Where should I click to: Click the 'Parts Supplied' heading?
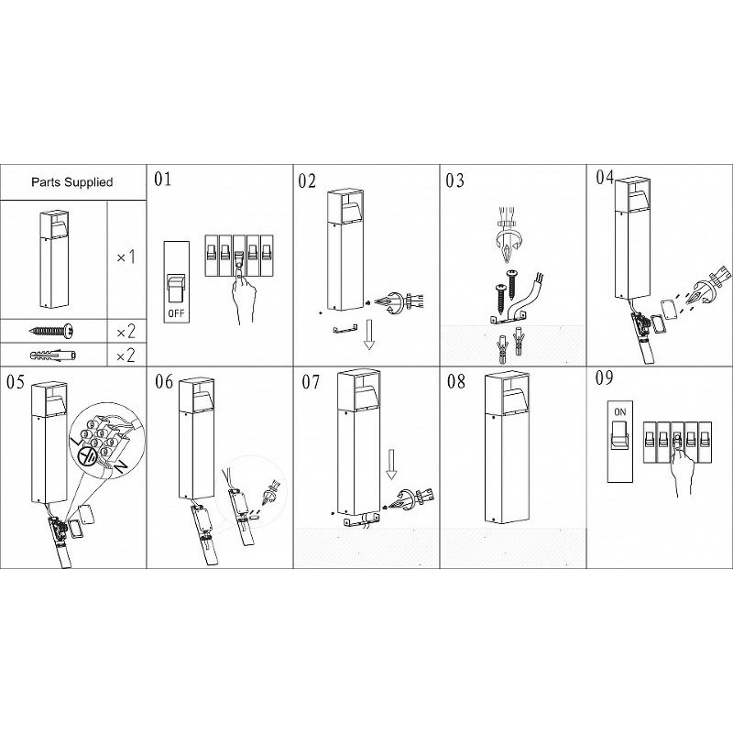[72, 181]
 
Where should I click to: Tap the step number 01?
[163, 179]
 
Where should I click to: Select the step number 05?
[15, 382]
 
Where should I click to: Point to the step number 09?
[604, 377]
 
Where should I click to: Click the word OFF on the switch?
[176, 312]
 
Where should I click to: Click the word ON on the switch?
[620, 411]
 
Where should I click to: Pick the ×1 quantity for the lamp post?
[126, 257]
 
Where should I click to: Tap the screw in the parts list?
[51, 331]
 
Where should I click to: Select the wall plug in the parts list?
[53, 356]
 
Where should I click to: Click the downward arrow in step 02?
[369, 334]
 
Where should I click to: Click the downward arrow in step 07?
[391, 465]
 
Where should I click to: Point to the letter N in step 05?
[121, 467]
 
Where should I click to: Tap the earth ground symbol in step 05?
[86, 456]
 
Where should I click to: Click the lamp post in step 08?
[508, 448]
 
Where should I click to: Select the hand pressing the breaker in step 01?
[244, 293]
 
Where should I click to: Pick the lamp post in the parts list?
[54, 259]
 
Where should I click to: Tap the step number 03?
[454, 181]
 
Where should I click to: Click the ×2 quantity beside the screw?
[126, 332]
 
